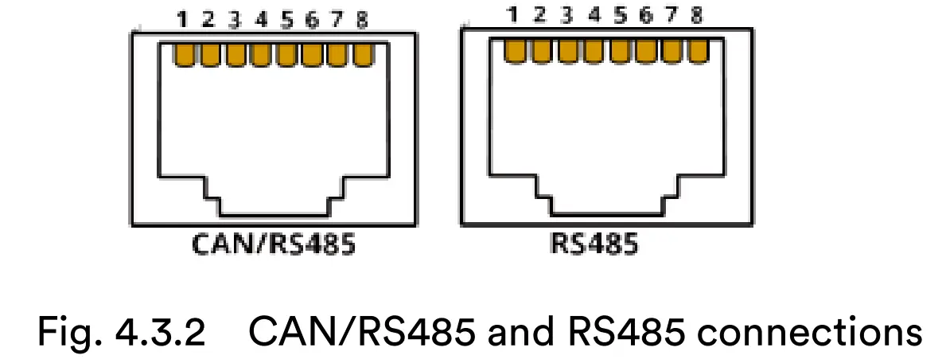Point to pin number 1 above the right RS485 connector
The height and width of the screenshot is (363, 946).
[x=513, y=14]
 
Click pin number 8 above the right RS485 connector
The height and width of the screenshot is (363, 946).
[x=697, y=14]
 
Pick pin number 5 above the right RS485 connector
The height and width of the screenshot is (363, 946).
[x=620, y=14]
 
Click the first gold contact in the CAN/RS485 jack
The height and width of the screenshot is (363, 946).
[x=185, y=55]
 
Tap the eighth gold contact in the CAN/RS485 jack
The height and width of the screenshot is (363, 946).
[x=363, y=55]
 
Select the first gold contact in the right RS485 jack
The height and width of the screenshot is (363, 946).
[x=516, y=49]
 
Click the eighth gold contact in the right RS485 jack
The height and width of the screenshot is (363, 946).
[x=698, y=49]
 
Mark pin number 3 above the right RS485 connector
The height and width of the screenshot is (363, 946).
[x=566, y=14]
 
